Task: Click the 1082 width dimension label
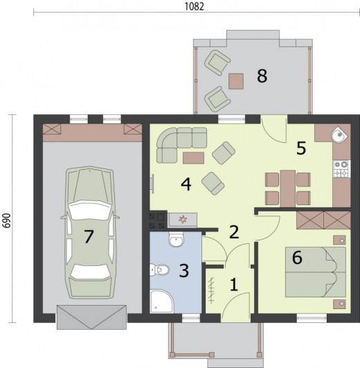tap(195, 6)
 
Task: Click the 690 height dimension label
tap(7, 220)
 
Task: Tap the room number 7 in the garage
tap(89, 236)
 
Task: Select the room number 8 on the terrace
tap(262, 76)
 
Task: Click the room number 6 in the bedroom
tap(297, 257)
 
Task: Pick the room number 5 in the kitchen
tap(301, 148)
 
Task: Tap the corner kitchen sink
tap(339, 134)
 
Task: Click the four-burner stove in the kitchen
tap(342, 168)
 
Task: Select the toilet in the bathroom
tap(159, 270)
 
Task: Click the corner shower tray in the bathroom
tap(161, 301)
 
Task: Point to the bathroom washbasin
tap(176, 239)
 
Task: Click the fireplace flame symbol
tap(183, 220)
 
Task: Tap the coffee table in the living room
tap(193, 158)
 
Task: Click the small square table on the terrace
tap(236, 81)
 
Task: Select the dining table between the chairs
tap(287, 189)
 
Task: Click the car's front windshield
tap(90, 209)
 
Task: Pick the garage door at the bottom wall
tap(91, 317)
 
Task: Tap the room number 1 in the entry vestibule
tap(233, 285)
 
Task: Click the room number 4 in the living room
tap(186, 184)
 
